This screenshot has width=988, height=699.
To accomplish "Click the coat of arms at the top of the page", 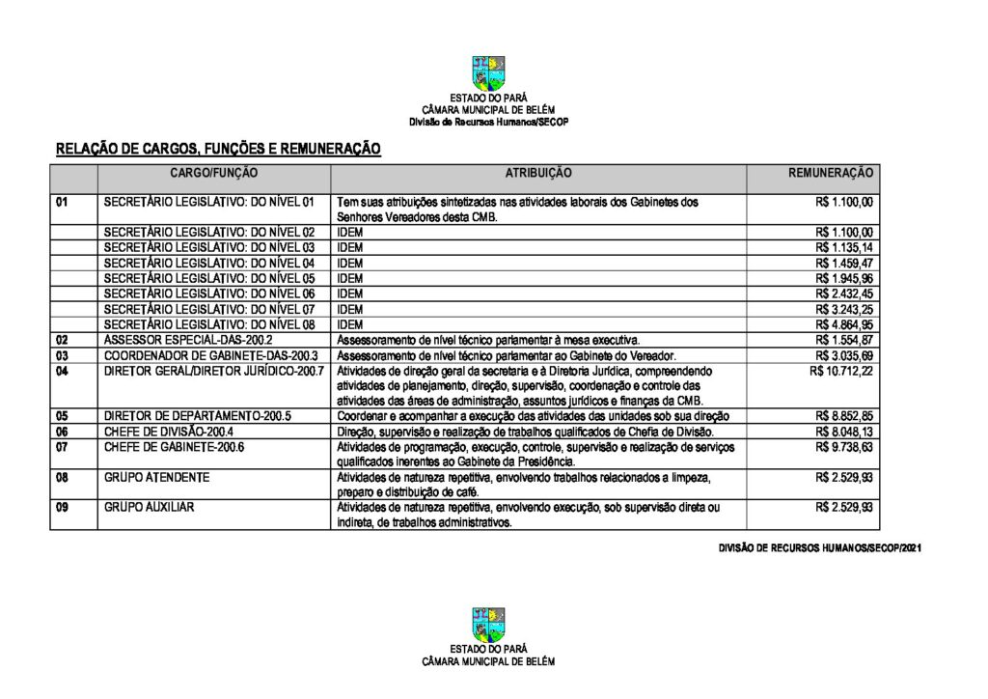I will coord(488,73).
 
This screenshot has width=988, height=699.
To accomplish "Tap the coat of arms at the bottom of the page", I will coord(488,625).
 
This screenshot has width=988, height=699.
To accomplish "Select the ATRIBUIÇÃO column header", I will coord(538,173).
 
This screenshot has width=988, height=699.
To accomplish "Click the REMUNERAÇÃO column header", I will coord(831,173).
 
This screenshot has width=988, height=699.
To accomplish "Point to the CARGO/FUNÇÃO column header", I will coord(214,173).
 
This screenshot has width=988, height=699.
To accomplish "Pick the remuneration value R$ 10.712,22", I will coord(841,371).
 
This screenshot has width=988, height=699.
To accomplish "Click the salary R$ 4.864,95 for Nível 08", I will coord(844,324).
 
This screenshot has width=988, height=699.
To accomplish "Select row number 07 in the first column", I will coord(62,448).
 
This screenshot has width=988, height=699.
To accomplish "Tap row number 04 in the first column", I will coord(62,371).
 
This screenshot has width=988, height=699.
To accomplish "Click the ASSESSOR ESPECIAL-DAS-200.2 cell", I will coord(188,340).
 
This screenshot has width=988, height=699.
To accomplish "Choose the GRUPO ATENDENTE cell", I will coord(156,477).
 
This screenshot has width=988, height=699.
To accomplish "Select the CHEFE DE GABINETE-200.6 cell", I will coord(174,448).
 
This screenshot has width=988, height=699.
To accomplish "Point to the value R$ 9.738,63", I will coord(844,448).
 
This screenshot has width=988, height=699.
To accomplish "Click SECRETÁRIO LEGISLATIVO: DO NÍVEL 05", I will coord(209,278).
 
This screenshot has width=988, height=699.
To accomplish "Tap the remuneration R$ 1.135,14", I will coord(844,247).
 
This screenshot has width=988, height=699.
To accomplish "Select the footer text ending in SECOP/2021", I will coord(820,548).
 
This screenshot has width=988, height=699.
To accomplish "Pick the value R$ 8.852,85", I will coord(844,416).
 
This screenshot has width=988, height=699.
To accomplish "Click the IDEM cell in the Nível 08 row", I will coord(350,324).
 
